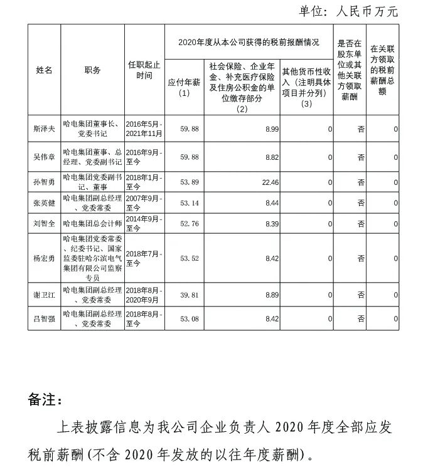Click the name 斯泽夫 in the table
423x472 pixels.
click(x=44, y=129)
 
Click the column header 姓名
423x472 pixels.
click(x=44, y=70)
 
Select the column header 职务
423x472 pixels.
click(x=92, y=70)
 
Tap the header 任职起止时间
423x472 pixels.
click(x=144, y=70)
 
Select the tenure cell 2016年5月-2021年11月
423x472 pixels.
click(x=144, y=129)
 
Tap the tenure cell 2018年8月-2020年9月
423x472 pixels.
click(x=144, y=294)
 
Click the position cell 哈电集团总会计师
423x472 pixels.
click(x=92, y=223)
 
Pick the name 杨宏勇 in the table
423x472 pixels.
click(x=44, y=258)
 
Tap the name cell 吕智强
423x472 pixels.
click(x=44, y=318)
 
